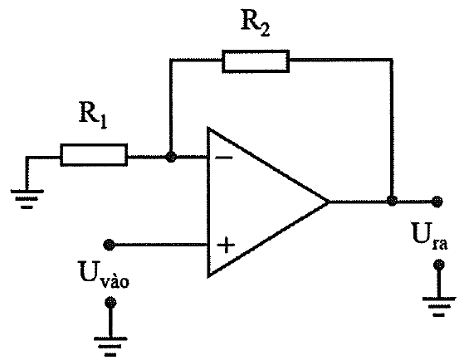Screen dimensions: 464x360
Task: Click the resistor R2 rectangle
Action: click(x=256, y=61)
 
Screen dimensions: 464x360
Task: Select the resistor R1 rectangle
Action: click(x=94, y=155)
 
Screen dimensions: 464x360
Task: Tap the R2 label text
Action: click(x=255, y=23)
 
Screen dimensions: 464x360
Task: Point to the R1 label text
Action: click(x=93, y=114)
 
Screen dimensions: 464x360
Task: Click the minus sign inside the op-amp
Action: click(x=224, y=158)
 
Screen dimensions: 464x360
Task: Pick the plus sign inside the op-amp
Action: click(x=226, y=245)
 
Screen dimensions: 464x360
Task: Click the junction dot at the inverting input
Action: click(x=171, y=157)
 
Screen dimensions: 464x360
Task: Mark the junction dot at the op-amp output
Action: click(x=392, y=201)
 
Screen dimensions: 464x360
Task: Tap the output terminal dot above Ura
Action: click(x=437, y=202)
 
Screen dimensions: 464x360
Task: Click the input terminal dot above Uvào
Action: click(x=109, y=245)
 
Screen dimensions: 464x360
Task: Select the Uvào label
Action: click(x=104, y=275)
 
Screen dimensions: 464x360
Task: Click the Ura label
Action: click(x=430, y=236)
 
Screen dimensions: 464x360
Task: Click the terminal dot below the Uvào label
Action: click(x=110, y=302)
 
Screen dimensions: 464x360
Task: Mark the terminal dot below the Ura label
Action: click(x=438, y=264)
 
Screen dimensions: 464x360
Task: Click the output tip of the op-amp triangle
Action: click(x=329, y=202)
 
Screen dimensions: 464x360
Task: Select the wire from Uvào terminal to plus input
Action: click(x=159, y=245)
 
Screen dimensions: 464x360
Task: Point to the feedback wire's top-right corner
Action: click(x=392, y=60)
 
